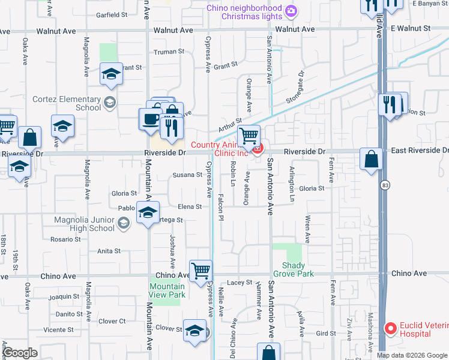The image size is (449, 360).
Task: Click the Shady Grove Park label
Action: tap(298, 269)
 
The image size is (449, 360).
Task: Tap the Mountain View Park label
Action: tap(167, 290)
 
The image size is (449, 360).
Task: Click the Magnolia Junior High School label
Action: tap(84, 224)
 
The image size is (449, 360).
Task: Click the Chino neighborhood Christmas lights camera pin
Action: tap(291, 10)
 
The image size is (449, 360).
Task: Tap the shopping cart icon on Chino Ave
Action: tap(200, 271)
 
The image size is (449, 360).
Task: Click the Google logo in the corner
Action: tap(20, 353)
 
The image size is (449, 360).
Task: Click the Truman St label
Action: tap(169, 52)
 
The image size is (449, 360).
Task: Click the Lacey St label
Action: tap(240, 282)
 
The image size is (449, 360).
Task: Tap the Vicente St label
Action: tap(58, 329)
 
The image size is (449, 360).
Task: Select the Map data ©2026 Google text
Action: tap(412, 355)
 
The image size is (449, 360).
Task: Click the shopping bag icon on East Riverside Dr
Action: tap(372, 160)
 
